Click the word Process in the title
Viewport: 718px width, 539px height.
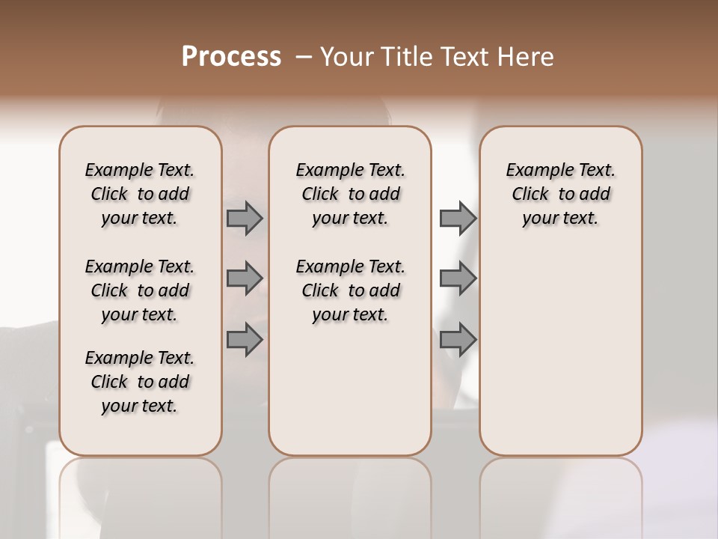(x=231, y=57)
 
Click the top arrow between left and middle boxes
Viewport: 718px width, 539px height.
(x=245, y=219)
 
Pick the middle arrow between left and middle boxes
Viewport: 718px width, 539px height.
(x=245, y=279)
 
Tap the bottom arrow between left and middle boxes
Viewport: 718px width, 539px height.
(x=245, y=339)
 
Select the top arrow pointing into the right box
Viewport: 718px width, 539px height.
(x=457, y=219)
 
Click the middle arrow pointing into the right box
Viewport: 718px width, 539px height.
(x=457, y=279)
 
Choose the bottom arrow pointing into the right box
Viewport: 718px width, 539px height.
(x=457, y=339)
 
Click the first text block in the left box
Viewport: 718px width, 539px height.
(x=140, y=194)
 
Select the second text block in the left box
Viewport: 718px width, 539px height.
(x=140, y=290)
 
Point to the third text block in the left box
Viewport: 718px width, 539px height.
(x=140, y=382)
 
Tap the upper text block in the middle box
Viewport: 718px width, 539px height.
(x=351, y=194)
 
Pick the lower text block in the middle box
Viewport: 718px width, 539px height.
(x=351, y=290)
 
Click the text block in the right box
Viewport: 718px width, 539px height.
(x=561, y=194)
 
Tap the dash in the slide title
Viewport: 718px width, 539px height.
(x=304, y=57)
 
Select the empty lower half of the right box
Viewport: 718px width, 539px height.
(x=561, y=352)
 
